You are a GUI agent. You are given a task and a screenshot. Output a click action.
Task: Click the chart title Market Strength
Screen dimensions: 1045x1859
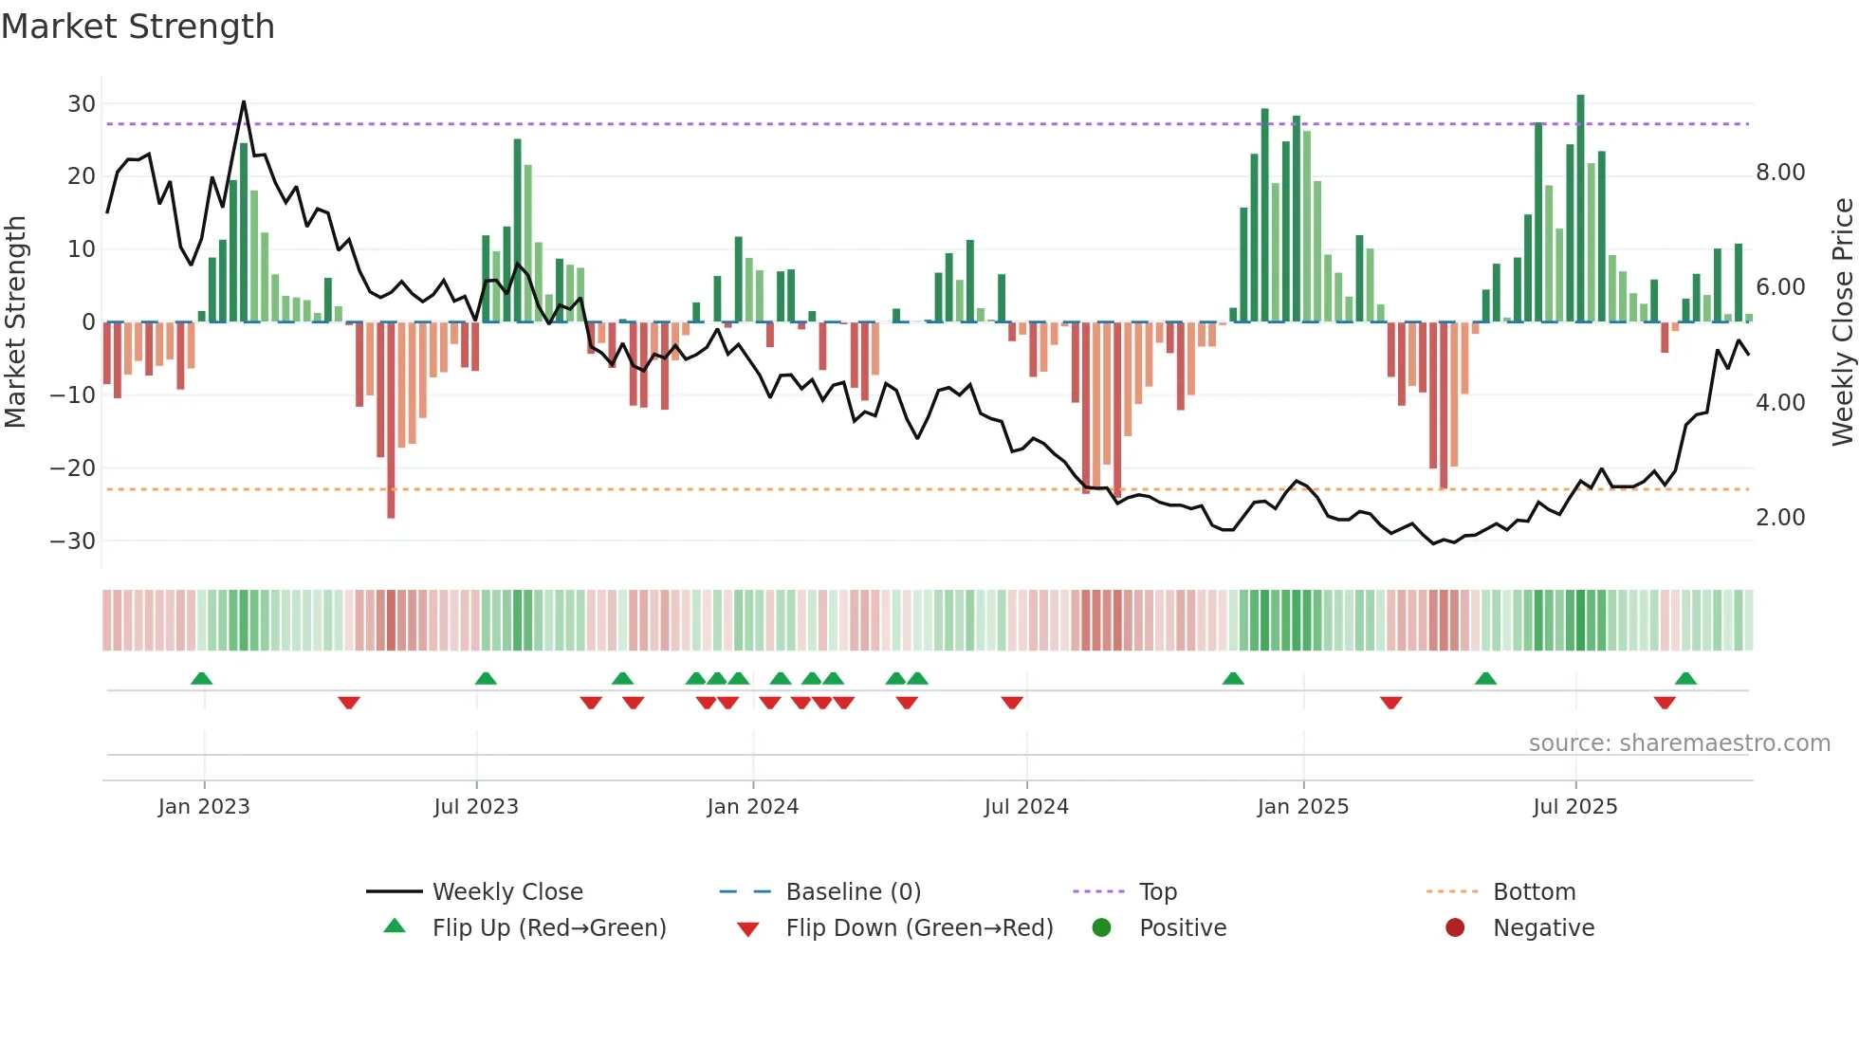click(138, 27)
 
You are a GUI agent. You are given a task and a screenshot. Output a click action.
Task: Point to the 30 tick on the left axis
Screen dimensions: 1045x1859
click(82, 103)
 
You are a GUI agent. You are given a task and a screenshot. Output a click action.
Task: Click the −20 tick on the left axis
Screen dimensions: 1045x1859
click(74, 467)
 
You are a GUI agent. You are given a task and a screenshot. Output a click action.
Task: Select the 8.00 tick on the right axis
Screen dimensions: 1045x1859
click(1779, 173)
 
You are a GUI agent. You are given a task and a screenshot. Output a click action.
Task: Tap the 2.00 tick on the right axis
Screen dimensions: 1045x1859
click(1779, 518)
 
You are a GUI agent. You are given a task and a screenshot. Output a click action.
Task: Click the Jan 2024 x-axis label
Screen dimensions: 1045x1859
click(752, 807)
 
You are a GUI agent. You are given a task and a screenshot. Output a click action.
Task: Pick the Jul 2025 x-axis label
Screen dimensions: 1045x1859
click(1574, 807)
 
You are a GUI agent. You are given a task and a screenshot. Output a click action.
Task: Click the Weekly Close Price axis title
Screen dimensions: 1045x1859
click(1842, 322)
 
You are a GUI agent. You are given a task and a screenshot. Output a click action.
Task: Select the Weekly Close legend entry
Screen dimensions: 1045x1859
click(506, 892)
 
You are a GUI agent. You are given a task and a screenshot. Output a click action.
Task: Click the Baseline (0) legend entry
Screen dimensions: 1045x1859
click(853, 892)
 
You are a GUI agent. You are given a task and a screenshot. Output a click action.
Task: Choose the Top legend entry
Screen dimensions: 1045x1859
click(1157, 892)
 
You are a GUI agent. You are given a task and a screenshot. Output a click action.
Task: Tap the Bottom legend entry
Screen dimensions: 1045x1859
click(1534, 892)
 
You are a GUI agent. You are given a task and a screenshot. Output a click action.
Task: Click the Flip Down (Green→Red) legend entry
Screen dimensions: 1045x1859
click(918, 928)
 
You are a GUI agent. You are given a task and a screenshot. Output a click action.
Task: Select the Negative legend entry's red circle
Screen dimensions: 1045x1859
click(1454, 928)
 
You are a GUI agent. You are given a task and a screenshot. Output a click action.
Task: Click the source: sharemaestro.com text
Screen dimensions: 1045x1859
click(1679, 743)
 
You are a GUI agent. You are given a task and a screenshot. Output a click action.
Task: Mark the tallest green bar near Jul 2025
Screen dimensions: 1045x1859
click(1580, 209)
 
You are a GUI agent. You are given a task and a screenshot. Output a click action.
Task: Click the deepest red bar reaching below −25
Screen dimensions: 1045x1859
click(391, 422)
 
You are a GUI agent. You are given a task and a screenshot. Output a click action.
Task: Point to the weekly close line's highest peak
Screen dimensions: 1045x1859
click(244, 101)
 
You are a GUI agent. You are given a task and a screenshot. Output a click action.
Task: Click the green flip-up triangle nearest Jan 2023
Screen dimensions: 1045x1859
click(201, 678)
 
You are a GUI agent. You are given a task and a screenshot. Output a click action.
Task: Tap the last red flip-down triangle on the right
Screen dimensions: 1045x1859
click(1664, 703)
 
